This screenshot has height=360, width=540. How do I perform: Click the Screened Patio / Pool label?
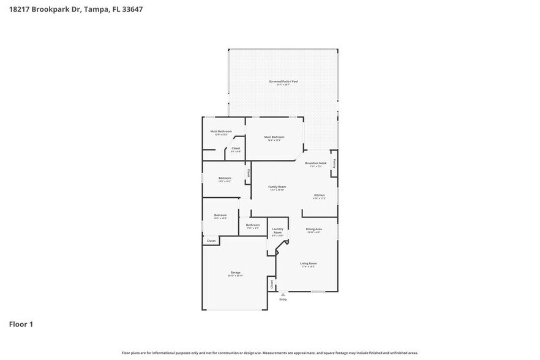(283, 81)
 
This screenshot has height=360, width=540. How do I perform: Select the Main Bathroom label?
(221, 131)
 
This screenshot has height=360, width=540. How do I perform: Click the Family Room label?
(277, 187)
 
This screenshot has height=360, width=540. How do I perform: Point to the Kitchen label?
(319, 195)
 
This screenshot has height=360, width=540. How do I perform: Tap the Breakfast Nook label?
(316, 163)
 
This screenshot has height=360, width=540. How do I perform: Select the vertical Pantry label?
(334, 163)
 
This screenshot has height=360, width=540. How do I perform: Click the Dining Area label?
(313, 229)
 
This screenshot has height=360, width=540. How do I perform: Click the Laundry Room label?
(277, 231)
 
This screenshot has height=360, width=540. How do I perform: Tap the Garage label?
(235, 272)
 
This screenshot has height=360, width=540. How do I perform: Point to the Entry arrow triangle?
(283, 294)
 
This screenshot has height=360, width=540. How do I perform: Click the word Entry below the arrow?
(283, 299)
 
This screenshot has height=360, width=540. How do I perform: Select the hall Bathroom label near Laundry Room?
(253, 225)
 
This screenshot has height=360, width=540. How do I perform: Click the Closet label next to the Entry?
(271, 284)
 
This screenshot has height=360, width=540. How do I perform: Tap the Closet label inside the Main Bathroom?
(236, 148)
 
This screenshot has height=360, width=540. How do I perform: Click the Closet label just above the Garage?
(211, 241)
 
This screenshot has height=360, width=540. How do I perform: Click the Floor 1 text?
(21, 324)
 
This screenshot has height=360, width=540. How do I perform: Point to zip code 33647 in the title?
(132, 10)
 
